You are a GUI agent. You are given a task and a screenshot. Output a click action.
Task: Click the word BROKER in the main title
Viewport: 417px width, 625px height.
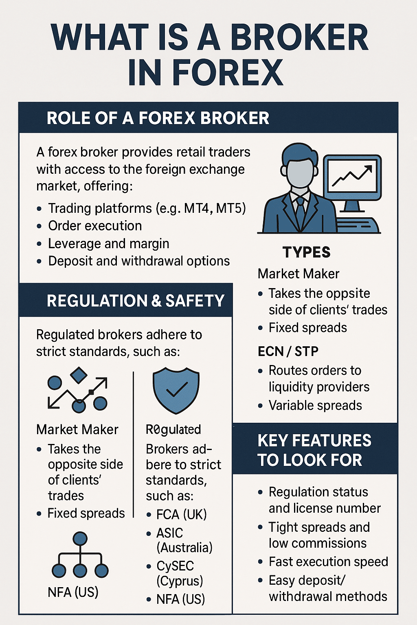tap(299, 38)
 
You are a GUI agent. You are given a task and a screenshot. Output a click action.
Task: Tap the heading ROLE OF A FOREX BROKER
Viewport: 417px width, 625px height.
tap(158, 118)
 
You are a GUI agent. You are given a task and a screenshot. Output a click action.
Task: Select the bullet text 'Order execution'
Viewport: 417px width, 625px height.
tap(95, 226)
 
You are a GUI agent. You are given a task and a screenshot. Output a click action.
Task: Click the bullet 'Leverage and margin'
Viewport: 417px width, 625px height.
tap(108, 244)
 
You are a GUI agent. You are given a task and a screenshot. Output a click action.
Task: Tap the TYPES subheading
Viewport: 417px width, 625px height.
tap(306, 252)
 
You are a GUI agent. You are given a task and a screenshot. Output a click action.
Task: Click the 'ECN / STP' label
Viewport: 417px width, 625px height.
tap(288, 351)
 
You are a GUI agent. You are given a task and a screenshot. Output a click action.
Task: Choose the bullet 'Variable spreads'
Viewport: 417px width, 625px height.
tap(315, 406)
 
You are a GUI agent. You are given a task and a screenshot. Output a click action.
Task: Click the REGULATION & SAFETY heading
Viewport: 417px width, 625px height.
tap(135, 301)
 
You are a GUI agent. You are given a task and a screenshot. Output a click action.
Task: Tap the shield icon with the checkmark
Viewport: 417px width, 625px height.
tap(176, 390)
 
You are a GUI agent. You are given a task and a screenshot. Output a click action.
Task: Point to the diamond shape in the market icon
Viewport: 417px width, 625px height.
tap(79, 375)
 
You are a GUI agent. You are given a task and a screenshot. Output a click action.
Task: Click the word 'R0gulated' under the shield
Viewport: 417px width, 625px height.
tap(173, 430)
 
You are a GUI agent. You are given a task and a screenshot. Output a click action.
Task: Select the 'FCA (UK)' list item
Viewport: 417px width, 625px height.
tap(181, 515)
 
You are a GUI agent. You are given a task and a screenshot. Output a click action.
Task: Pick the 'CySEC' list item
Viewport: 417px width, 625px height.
tap(175, 566)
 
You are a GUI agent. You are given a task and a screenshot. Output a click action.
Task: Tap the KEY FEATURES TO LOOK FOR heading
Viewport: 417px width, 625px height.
tap(314, 450)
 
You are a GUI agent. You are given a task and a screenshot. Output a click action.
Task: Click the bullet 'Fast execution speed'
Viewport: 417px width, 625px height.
tap(328, 562)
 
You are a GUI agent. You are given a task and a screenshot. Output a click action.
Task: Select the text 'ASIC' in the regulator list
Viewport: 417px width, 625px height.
tap(170, 533)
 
